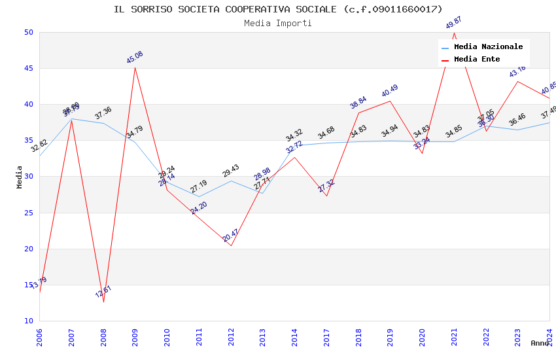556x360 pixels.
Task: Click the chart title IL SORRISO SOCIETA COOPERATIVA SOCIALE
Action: tap(278, 9)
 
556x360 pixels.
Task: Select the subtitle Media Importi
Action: tap(278, 23)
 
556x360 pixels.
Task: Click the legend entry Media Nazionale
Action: tap(488, 46)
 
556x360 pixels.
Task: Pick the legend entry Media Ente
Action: tap(477, 59)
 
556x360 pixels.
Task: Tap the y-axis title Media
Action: tap(20, 177)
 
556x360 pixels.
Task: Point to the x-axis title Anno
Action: tap(540, 343)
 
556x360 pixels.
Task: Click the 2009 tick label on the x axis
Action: tap(135, 337)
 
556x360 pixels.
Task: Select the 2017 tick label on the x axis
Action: tap(327, 337)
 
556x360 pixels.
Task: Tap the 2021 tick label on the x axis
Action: tap(455, 337)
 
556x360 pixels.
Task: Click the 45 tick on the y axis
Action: tap(28, 68)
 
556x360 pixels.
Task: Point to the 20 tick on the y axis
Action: tap(28, 249)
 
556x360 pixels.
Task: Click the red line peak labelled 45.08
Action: tap(135, 67)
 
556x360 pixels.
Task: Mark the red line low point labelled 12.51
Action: tap(103, 302)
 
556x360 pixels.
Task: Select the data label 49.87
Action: tap(453, 23)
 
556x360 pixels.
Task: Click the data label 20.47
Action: tap(230, 235)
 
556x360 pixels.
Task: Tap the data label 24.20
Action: tap(199, 208)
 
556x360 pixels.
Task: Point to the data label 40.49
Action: tap(390, 91)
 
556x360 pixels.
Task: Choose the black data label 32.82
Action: tap(39, 145)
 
